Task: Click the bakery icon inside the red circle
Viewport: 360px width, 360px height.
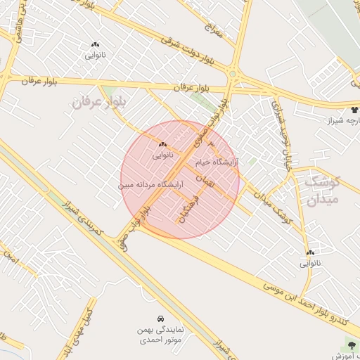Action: point(162,144)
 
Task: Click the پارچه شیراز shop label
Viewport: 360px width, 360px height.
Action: point(342,121)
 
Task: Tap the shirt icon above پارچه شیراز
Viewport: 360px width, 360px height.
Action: point(354,110)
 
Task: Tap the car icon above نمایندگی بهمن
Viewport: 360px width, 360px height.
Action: point(162,318)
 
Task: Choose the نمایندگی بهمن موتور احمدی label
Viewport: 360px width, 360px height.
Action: point(162,334)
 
